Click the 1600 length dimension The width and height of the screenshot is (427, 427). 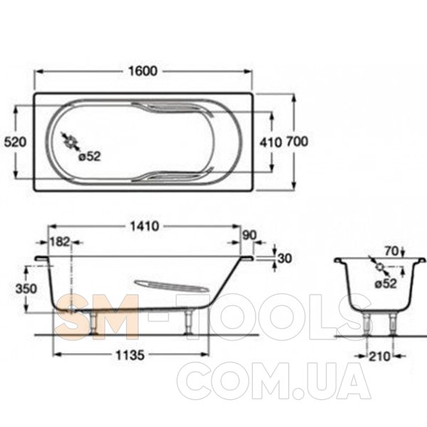point(143,71)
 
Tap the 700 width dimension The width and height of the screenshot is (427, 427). point(297,142)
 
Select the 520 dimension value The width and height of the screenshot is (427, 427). point(16,142)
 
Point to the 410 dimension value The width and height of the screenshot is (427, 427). point(270,142)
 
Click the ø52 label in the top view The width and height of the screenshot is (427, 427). point(90,157)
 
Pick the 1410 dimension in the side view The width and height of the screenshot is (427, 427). point(144,226)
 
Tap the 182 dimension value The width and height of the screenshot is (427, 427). point(60,241)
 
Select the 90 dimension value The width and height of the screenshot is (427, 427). point(249,236)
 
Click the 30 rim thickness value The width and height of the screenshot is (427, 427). point(285,258)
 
